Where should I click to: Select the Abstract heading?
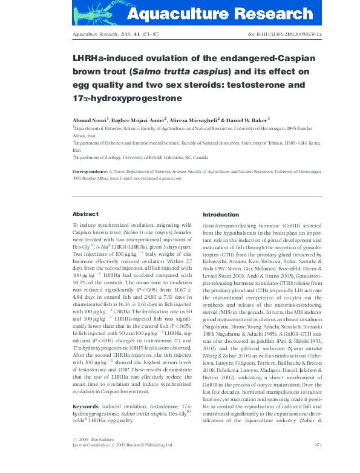click(x=85, y=214)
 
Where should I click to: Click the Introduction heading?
click(x=221, y=215)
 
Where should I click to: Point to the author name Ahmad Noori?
click(x=90, y=119)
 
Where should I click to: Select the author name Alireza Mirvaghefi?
click(x=198, y=119)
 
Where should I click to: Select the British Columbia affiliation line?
click(x=140, y=157)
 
